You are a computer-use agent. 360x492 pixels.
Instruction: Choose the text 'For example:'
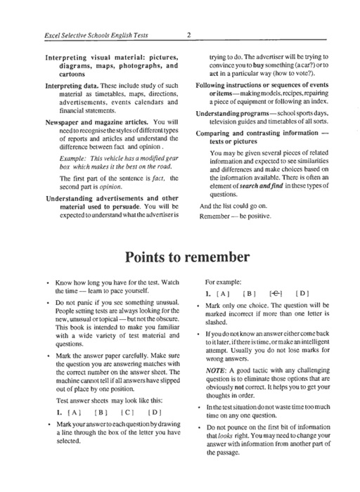[224, 289]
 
